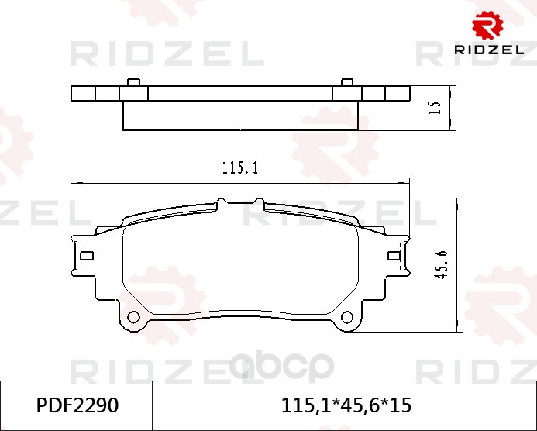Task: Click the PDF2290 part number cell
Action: point(76,406)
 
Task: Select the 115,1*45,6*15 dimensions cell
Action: point(345,406)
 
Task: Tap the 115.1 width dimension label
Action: point(240,168)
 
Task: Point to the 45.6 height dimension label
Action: point(442,264)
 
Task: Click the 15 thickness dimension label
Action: point(435,108)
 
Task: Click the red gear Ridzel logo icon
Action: point(487,25)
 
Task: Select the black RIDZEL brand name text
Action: point(489,50)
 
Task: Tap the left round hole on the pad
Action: point(133,317)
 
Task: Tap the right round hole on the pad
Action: point(347,317)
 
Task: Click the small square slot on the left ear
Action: point(87,256)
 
